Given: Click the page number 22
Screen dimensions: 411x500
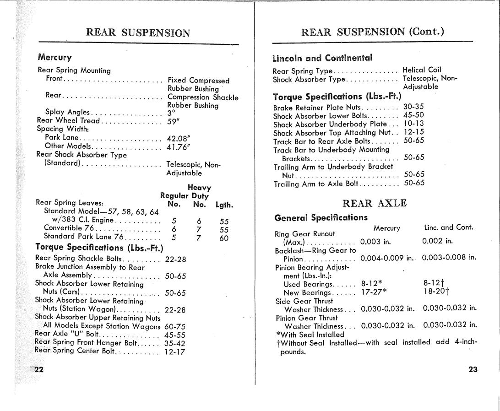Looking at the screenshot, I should pyautogui.click(x=38, y=370).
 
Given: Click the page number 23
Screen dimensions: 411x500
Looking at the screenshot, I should pyautogui.click(x=473, y=369).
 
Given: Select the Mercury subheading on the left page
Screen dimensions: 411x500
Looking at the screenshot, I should pyautogui.click(x=54, y=58).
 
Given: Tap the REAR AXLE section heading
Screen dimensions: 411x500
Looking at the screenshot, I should pyautogui.click(x=374, y=203).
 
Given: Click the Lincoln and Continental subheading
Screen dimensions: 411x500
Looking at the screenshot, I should pyautogui.click(x=322, y=58).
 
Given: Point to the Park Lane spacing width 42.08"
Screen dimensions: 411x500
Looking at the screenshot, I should pyautogui.click(x=178, y=138).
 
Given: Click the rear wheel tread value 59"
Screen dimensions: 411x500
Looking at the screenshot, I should pyautogui.click(x=173, y=121).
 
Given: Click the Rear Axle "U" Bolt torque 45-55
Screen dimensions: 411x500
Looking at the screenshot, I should pyautogui.click(x=175, y=335).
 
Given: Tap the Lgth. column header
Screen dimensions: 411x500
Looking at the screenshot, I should pyautogui.click(x=224, y=205).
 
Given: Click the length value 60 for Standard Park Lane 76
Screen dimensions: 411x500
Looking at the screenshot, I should pyautogui.click(x=224, y=238).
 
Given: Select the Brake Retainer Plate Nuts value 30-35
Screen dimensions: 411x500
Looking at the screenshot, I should pyautogui.click(x=413, y=107).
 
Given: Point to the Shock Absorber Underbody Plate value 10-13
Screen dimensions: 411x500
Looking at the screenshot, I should pyautogui.click(x=413, y=124).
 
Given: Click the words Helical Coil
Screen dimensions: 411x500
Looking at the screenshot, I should pyautogui.click(x=422, y=70).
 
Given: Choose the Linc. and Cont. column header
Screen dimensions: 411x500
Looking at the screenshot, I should pyautogui.click(x=449, y=227).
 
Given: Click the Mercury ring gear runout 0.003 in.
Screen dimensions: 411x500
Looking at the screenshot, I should pyautogui.click(x=375, y=242).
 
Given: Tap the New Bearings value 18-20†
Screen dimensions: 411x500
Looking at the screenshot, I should pyautogui.click(x=436, y=292).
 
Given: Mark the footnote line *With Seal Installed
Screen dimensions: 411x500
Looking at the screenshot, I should pyautogui.click(x=310, y=335).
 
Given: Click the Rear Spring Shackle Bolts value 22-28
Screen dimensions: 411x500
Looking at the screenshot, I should pyautogui.click(x=175, y=259).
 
